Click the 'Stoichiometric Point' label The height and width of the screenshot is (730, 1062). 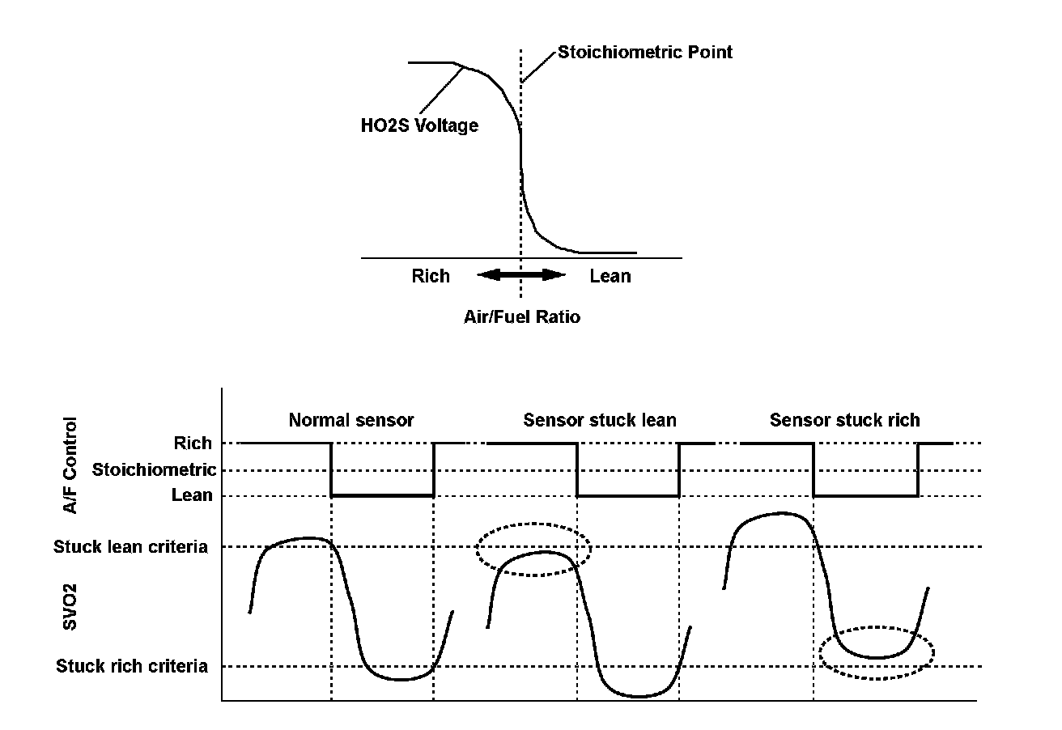click(x=644, y=53)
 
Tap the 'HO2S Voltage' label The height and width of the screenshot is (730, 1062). click(x=418, y=125)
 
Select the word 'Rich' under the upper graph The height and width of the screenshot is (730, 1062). click(x=431, y=276)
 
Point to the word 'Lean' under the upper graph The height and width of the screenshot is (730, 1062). click(x=610, y=276)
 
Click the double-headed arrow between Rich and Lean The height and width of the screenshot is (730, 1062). click(x=520, y=275)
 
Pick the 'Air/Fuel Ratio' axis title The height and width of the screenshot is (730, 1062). click(x=522, y=317)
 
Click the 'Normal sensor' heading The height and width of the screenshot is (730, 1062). click(x=351, y=420)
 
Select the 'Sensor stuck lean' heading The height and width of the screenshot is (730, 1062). click(x=599, y=420)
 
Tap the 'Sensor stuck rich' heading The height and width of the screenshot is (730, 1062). click(x=844, y=420)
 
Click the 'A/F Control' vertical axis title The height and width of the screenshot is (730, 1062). click(x=72, y=465)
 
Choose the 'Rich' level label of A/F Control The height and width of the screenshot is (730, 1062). click(x=193, y=444)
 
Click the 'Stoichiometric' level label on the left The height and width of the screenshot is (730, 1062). click(x=154, y=469)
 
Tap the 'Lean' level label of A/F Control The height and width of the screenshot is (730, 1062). click(x=193, y=495)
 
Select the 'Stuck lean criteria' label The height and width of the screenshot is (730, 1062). click(x=130, y=547)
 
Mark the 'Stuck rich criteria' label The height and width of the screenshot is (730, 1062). click(x=132, y=667)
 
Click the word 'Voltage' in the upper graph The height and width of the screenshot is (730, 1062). click(x=447, y=125)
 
